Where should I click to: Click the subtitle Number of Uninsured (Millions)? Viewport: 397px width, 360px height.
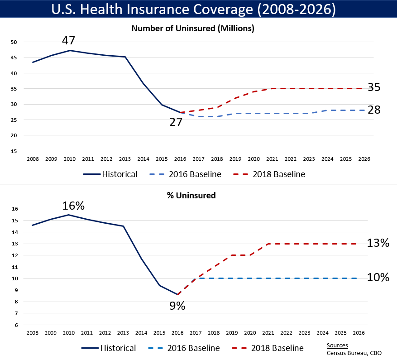[192, 29]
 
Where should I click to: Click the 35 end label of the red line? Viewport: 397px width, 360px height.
[374, 87]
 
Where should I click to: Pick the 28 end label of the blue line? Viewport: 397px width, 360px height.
[374, 110]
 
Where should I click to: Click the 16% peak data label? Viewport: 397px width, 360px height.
[74, 206]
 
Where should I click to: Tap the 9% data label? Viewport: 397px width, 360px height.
[177, 306]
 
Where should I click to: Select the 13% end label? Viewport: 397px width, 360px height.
[378, 243]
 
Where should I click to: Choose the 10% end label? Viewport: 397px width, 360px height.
[378, 278]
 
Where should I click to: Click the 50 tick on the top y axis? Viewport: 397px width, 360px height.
[14, 42]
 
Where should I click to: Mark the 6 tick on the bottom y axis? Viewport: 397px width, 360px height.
[15, 325]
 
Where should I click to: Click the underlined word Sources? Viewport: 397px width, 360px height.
[337, 346]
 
